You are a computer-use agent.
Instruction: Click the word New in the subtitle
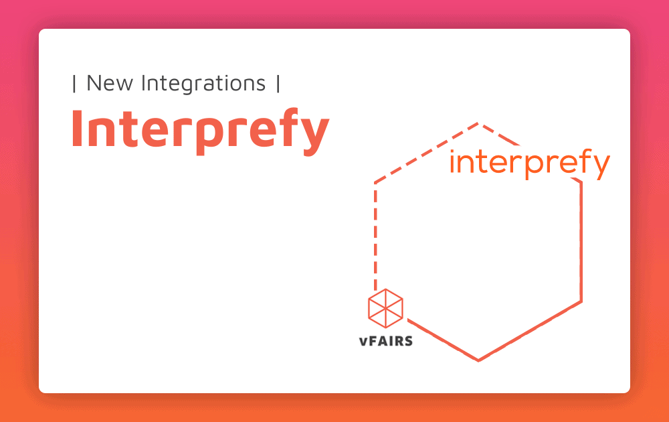pyautogui.click(x=110, y=83)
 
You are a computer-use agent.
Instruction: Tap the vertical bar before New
pyautogui.click(x=74, y=83)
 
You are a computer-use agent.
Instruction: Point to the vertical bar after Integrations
pyautogui.click(x=278, y=83)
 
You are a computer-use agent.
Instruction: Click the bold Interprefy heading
pyautogui.click(x=200, y=129)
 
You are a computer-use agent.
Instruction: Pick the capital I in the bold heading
pyautogui.click(x=77, y=128)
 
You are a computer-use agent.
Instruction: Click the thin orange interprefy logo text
pyautogui.click(x=530, y=163)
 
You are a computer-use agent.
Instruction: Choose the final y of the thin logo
pyautogui.click(x=599, y=167)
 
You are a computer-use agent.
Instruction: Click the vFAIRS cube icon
pyautogui.click(x=386, y=308)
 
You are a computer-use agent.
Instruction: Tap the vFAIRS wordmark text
pyautogui.click(x=386, y=341)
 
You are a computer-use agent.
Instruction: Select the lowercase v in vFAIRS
pyautogui.click(x=364, y=342)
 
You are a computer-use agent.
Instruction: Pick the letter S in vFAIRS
pyautogui.click(x=408, y=341)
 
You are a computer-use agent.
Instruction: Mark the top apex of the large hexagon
pyautogui.click(x=478, y=123)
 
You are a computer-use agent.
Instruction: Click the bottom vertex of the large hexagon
pyautogui.click(x=478, y=361)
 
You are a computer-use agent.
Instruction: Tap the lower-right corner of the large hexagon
pyautogui.click(x=581, y=301)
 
